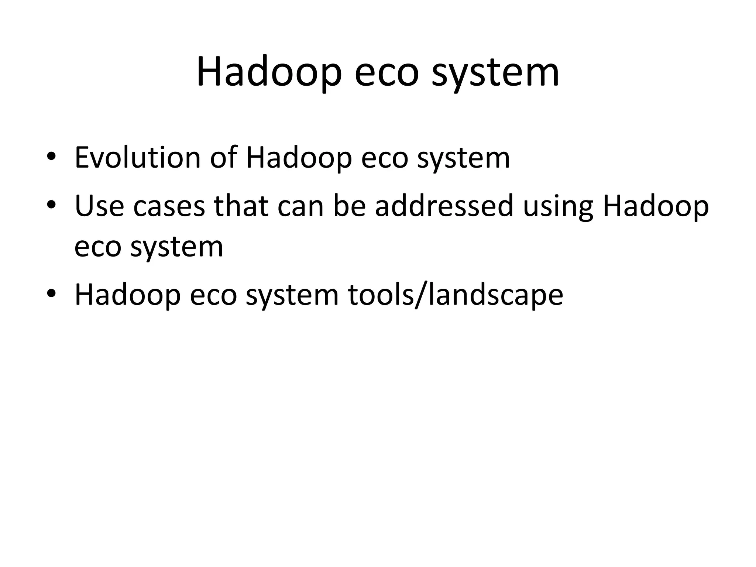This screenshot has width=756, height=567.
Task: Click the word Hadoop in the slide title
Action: [x=268, y=72]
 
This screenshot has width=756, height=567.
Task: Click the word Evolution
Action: [x=137, y=158]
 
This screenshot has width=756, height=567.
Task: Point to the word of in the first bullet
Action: [x=223, y=158]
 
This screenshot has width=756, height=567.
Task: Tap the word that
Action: [x=241, y=206]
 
